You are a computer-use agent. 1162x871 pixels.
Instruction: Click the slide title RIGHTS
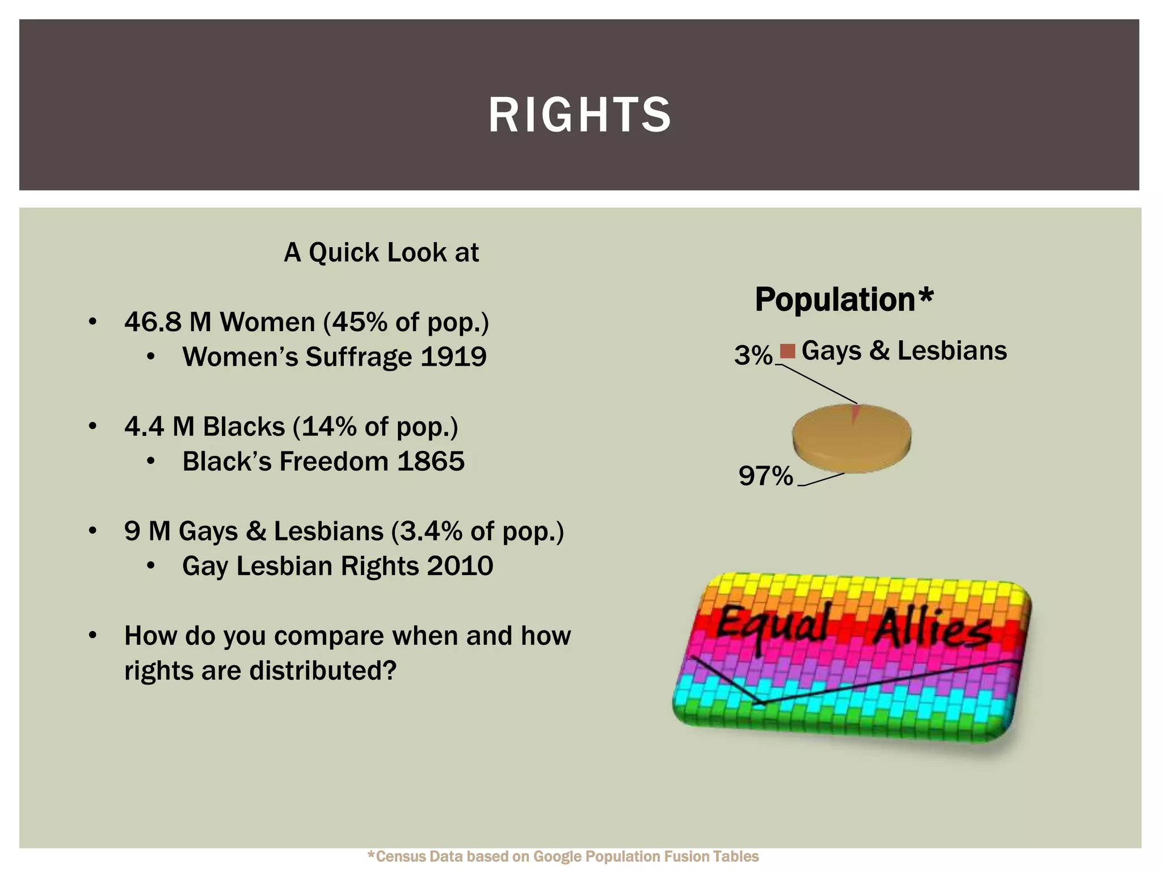580,115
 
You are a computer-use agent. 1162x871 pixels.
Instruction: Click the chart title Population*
844,299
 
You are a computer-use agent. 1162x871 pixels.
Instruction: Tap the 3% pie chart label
753,356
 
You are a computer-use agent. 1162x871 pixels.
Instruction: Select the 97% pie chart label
765,476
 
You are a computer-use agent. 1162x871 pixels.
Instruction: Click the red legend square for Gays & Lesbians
788,352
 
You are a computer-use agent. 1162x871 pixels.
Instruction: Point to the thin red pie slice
855,413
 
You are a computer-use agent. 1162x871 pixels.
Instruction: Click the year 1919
454,357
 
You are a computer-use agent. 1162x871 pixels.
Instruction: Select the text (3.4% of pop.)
478,531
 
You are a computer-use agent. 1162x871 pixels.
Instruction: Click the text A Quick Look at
381,252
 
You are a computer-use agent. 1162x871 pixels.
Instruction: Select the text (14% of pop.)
376,426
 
